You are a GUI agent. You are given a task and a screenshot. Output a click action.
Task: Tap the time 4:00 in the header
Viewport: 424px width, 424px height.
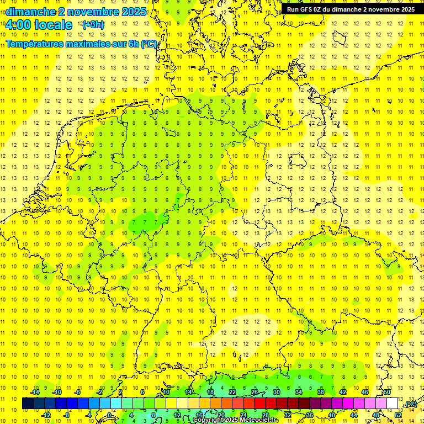coord(18,25)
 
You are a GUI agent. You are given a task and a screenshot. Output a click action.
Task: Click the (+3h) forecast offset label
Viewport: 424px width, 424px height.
coord(92,25)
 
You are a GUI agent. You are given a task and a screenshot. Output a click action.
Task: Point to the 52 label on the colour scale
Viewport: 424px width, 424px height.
coord(398,415)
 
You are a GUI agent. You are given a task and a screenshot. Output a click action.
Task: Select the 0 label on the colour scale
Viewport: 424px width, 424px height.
coord(109,415)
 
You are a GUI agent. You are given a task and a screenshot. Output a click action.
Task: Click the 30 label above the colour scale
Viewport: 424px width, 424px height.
coord(276,392)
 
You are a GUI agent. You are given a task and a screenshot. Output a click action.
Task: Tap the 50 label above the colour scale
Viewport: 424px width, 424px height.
coord(387,392)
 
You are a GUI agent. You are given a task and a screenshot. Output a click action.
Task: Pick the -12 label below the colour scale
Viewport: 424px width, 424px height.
coord(46,415)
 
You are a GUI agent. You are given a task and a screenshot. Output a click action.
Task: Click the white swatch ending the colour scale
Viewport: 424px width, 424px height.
coord(393,404)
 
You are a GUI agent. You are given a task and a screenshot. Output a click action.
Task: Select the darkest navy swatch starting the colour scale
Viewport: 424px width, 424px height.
coord(28,404)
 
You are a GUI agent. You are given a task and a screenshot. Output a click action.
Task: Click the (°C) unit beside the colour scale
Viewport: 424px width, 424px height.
coord(411,404)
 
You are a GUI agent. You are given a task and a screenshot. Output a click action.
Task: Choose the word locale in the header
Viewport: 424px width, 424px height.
coord(53,25)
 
